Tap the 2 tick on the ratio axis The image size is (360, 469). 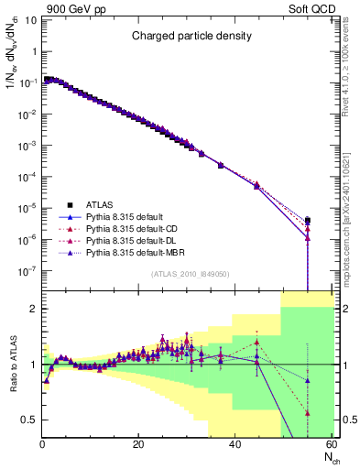pos(32,309)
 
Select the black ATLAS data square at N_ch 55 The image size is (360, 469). pos(307,221)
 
